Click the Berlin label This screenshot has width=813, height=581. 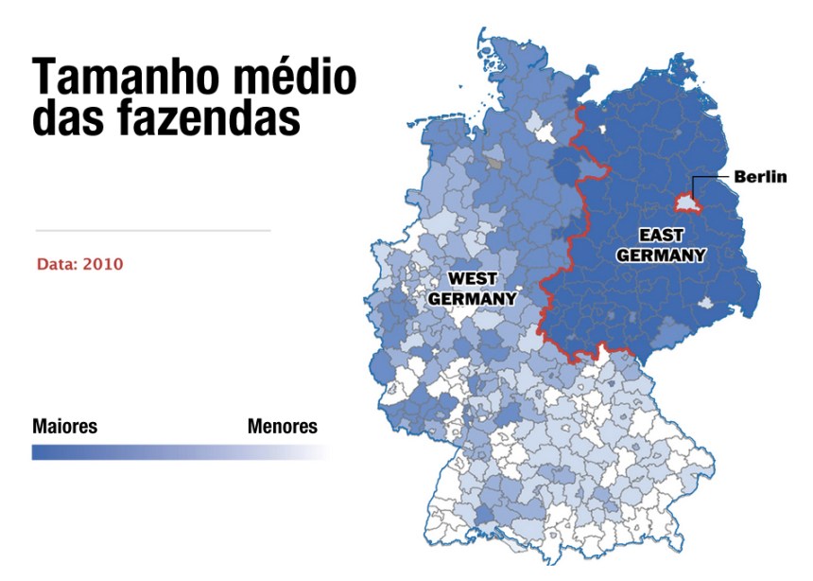(x=760, y=177)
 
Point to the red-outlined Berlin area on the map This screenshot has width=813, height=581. (x=686, y=202)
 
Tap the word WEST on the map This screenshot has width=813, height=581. (x=472, y=278)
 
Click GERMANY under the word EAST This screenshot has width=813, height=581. (x=660, y=255)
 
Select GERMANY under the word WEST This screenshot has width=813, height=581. (x=472, y=298)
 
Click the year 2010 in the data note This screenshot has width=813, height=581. (x=102, y=263)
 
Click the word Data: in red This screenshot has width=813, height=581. (x=57, y=263)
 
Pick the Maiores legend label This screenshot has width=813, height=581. (x=64, y=426)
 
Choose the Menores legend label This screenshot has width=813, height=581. (x=283, y=426)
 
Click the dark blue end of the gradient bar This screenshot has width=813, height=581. (x=43, y=452)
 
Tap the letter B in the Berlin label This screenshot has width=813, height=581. (x=739, y=177)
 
